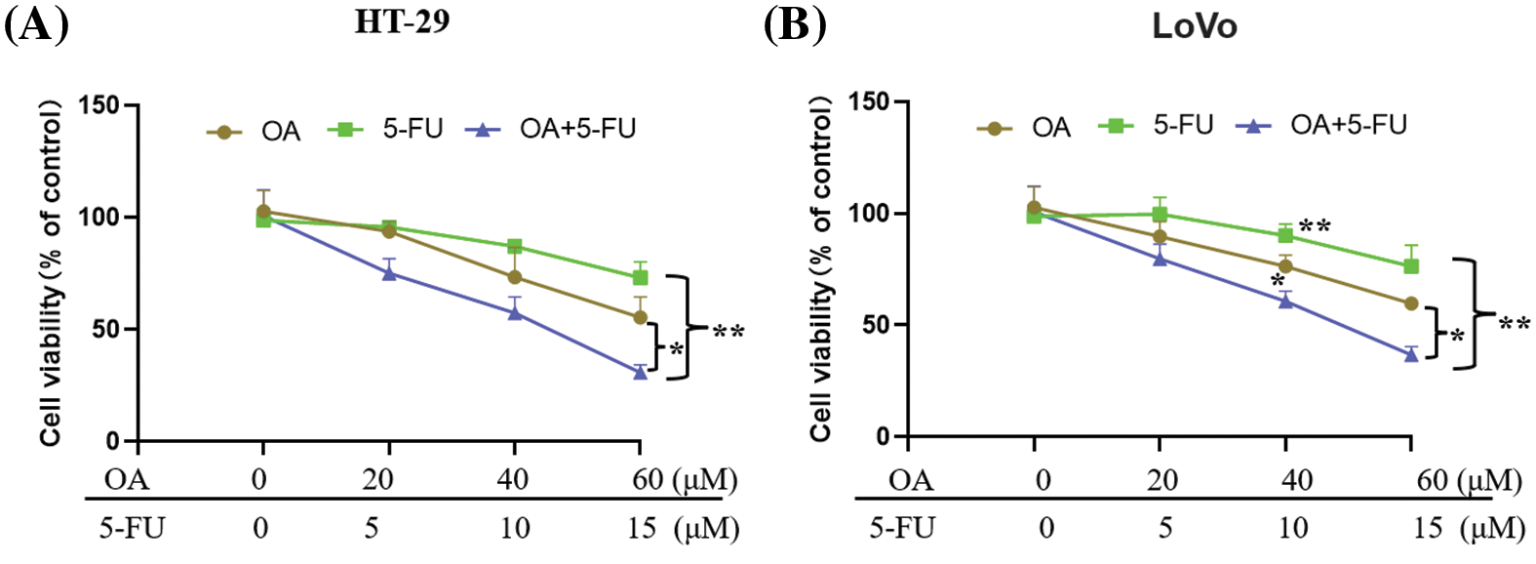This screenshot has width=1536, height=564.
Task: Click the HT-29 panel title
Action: pos(402,21)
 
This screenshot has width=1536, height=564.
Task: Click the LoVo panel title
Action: pos(1194,26)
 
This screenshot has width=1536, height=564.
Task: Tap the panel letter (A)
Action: pos(37,23)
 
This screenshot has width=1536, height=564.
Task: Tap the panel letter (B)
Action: pos(794,23)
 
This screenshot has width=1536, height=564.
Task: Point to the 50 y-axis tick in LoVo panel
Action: pos(876,325)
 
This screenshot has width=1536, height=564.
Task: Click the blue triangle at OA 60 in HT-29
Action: pos(640,372)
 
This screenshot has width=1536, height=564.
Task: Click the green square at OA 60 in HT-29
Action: pos(640,277)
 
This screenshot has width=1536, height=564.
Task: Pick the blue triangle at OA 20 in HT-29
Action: pos(389,273)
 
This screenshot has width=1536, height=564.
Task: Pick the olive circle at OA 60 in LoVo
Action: pos(1410,303)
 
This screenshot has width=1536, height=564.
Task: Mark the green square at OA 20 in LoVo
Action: pos(1160,215)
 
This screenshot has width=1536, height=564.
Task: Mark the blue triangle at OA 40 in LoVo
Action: pos(1285,301)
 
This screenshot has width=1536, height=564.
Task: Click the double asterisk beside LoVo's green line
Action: pos(1314,226)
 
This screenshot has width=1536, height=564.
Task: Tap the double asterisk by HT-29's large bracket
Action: pos(728,333)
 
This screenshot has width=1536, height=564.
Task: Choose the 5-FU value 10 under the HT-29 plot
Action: pos(514,528)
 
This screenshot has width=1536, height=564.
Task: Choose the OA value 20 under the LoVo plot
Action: pos(1162,480)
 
